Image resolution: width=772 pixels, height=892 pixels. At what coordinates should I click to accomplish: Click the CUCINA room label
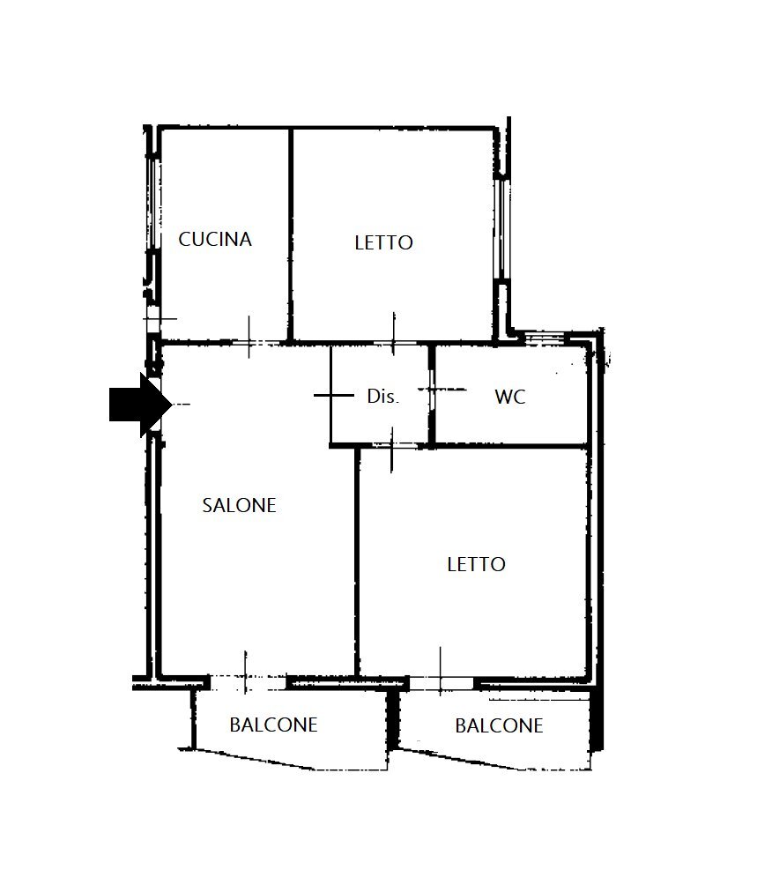215,239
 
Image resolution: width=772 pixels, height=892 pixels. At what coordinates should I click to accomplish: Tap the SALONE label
239,505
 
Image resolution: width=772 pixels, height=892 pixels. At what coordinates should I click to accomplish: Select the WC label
509,397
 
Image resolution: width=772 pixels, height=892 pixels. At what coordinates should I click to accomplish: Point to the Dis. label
382,397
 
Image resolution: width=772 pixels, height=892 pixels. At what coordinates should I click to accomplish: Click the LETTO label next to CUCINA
383,242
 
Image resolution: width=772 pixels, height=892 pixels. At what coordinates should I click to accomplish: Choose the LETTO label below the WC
476,564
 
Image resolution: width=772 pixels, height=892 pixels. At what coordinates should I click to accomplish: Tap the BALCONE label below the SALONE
273,725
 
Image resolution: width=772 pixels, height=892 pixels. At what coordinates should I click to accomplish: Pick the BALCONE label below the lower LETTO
499,726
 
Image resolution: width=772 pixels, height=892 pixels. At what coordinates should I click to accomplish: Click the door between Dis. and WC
433,388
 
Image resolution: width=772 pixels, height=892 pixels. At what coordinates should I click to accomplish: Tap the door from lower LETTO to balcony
442,680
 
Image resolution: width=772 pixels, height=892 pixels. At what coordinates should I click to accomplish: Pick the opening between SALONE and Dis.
330,395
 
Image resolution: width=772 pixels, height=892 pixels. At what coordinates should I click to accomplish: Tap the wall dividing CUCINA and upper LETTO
291,234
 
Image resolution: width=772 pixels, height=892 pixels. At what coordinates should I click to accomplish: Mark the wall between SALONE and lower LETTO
357,564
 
